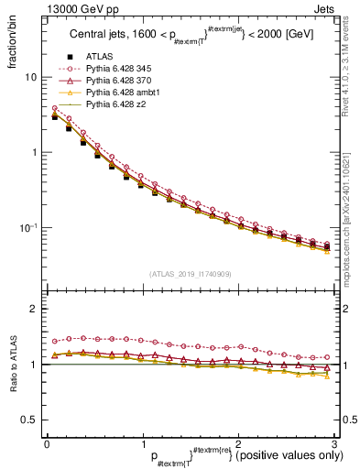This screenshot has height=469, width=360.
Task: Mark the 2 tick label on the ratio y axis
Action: [x=32, y=310]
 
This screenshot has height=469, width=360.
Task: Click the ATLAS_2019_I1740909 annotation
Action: [x=190, y=273]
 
